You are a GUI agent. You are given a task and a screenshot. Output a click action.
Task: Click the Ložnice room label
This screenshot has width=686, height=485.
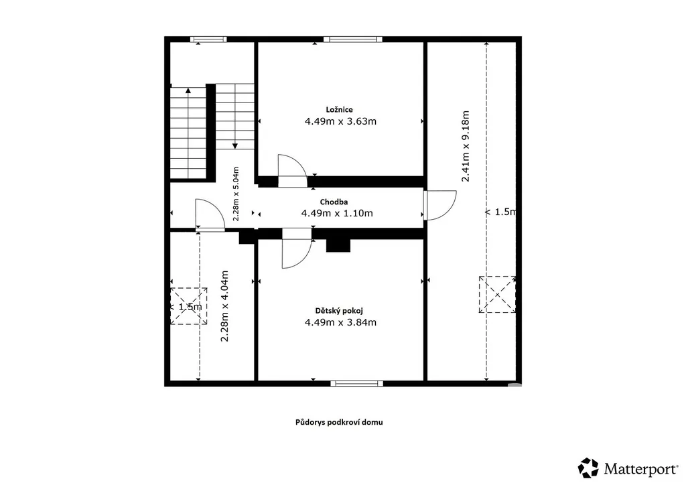339,110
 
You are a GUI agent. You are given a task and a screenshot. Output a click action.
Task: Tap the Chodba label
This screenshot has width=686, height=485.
334,202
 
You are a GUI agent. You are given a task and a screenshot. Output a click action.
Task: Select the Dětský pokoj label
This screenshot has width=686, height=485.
339,311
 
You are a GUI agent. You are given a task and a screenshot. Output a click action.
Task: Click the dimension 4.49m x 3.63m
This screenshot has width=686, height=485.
340,121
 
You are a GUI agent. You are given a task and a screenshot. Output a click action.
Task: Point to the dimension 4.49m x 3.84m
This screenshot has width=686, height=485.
340,322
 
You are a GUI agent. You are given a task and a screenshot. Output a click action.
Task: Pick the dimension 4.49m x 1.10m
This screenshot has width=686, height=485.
337,213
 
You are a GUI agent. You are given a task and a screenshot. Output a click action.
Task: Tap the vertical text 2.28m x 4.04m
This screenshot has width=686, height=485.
224,306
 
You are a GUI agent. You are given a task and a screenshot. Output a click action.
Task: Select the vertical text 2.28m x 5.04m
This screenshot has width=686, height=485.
236,194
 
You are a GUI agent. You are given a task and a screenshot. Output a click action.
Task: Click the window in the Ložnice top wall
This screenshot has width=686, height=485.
352,40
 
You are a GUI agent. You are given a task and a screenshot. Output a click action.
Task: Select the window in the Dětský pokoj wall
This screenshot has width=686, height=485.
356,384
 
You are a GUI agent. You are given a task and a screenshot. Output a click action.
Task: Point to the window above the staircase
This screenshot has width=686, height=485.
208,40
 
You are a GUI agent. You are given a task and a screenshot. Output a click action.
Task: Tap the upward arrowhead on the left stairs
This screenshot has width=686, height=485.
188,90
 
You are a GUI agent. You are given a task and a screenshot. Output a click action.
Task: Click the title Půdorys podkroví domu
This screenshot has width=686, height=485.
339,423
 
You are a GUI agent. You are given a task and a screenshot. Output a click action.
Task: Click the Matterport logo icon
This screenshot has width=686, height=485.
588,468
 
